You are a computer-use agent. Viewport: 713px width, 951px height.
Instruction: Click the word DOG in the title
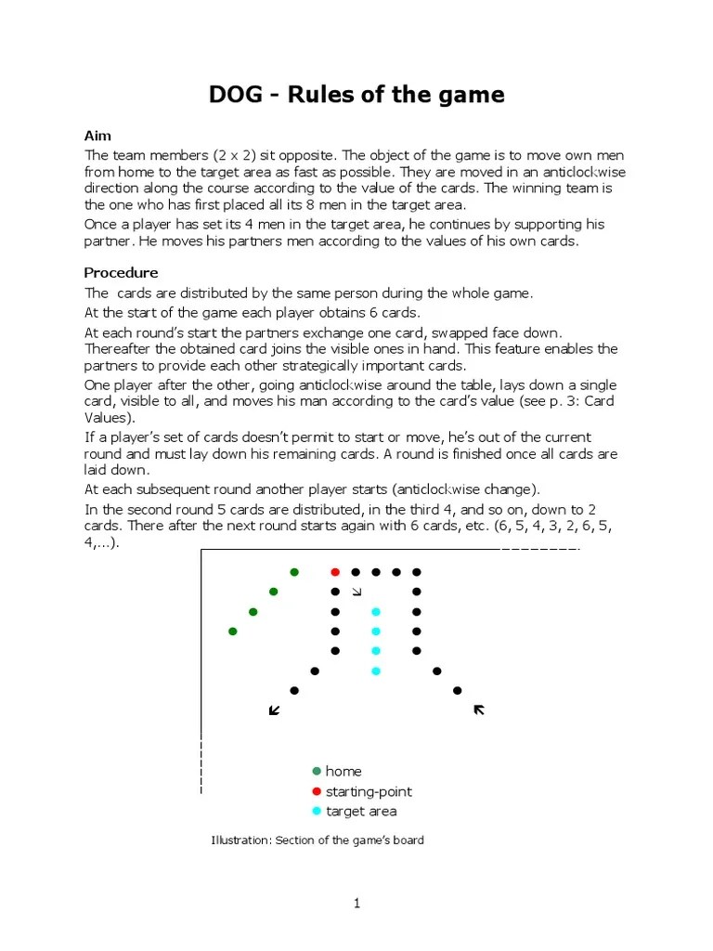(x=237, y=95)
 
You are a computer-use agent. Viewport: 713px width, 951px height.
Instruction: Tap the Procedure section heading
(x=121, y=273)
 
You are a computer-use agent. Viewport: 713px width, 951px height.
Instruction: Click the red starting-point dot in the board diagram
(x=335, y=572)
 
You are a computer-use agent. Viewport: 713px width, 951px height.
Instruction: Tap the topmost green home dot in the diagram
(x=294, y=572)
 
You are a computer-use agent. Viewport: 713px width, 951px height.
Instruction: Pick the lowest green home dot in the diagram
(x=233, y=632)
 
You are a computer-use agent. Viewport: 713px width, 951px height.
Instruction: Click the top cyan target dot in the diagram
(x=376, y=612)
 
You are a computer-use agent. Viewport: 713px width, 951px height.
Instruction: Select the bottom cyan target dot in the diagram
(x=376, y=671)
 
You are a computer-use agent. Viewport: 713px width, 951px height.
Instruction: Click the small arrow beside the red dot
(x=356, y=592)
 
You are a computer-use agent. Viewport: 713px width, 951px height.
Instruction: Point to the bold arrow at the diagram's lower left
(x=274, y=710)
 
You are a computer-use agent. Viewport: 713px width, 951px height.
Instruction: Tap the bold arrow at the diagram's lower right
(x=479, y=710)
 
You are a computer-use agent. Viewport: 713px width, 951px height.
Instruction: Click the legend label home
(x=344, y=772)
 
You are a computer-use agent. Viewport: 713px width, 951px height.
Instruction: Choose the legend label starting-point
(x=369, y=791)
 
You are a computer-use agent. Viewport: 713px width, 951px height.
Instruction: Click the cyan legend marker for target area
(x=317, y=811)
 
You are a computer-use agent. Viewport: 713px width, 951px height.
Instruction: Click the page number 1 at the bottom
(x=356, y=904)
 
